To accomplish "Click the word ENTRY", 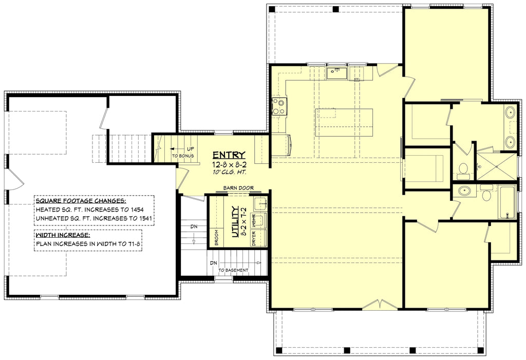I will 229,156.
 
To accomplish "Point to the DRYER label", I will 254,239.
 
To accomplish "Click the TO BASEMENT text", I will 233,270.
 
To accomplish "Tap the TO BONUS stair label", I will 183,156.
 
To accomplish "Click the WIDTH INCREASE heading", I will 63,235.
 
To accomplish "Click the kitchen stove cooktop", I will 279,107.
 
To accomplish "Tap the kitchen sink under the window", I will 336,73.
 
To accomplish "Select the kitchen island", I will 344,122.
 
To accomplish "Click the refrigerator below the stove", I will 281,145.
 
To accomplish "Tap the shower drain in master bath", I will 479,166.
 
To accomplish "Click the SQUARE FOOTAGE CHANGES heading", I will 81,201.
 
